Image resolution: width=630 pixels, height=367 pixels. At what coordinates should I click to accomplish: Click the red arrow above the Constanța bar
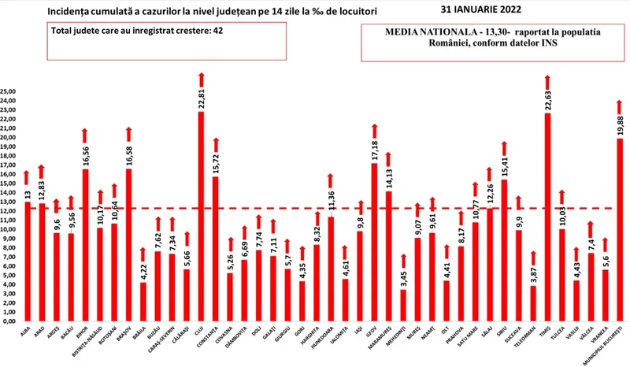pos(216,145)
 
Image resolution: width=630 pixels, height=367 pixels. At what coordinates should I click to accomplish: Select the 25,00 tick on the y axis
pos(9,92)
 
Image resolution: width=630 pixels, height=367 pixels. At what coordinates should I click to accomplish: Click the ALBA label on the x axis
pos(24,334)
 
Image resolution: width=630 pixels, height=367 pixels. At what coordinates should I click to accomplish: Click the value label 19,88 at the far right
pos(621,126)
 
